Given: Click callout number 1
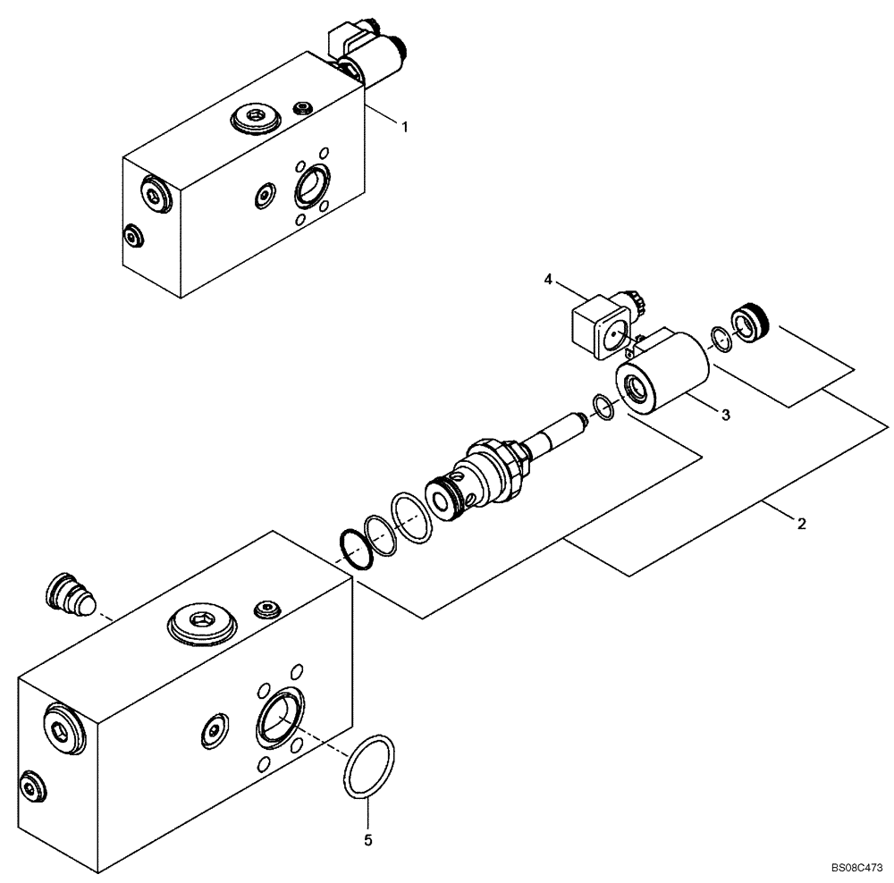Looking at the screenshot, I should tap(404, 128).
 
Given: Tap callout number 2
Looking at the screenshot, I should tap(802, 525).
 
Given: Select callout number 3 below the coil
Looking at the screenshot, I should tap(726, 414).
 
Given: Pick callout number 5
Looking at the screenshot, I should tap(367, 840).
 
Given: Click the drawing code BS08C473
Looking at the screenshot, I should tap(856, 867).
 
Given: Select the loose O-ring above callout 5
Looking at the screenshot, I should tap(368, 765).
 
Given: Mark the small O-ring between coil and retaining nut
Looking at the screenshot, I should tap(721, 339).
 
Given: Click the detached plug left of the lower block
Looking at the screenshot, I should tap(70, 593).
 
